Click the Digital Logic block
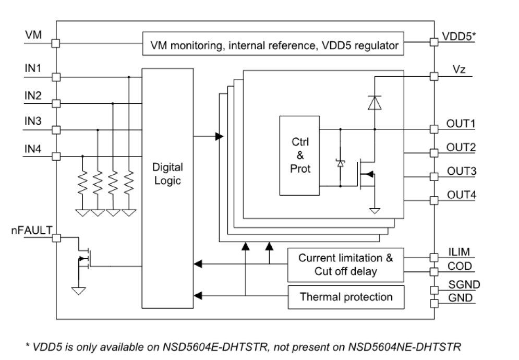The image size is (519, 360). click(167, 174)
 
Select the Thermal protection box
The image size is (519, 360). click(346, 297)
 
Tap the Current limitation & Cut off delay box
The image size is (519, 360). click(346, 265)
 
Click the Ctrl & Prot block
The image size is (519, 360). click(300, 155)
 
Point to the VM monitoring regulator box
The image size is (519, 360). click(274, 45)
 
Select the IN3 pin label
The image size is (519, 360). click(33, 121)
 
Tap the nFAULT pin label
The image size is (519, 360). click(30, 229)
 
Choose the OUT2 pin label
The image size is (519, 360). click(461, 147)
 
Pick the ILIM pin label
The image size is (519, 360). click(459, 252)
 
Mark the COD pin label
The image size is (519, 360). click(460, 267)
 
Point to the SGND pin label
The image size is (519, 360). click(464, 285)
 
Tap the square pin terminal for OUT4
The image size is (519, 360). click(433, 200)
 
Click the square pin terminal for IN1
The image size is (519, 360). click(56, 77)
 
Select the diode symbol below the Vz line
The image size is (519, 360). click(374, 103)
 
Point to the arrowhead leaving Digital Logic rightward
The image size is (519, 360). click(219, 137)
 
